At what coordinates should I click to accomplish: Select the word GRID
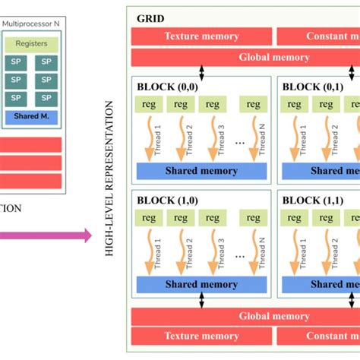150,18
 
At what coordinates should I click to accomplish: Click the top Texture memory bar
201,36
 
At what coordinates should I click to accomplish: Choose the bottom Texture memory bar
201,336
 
